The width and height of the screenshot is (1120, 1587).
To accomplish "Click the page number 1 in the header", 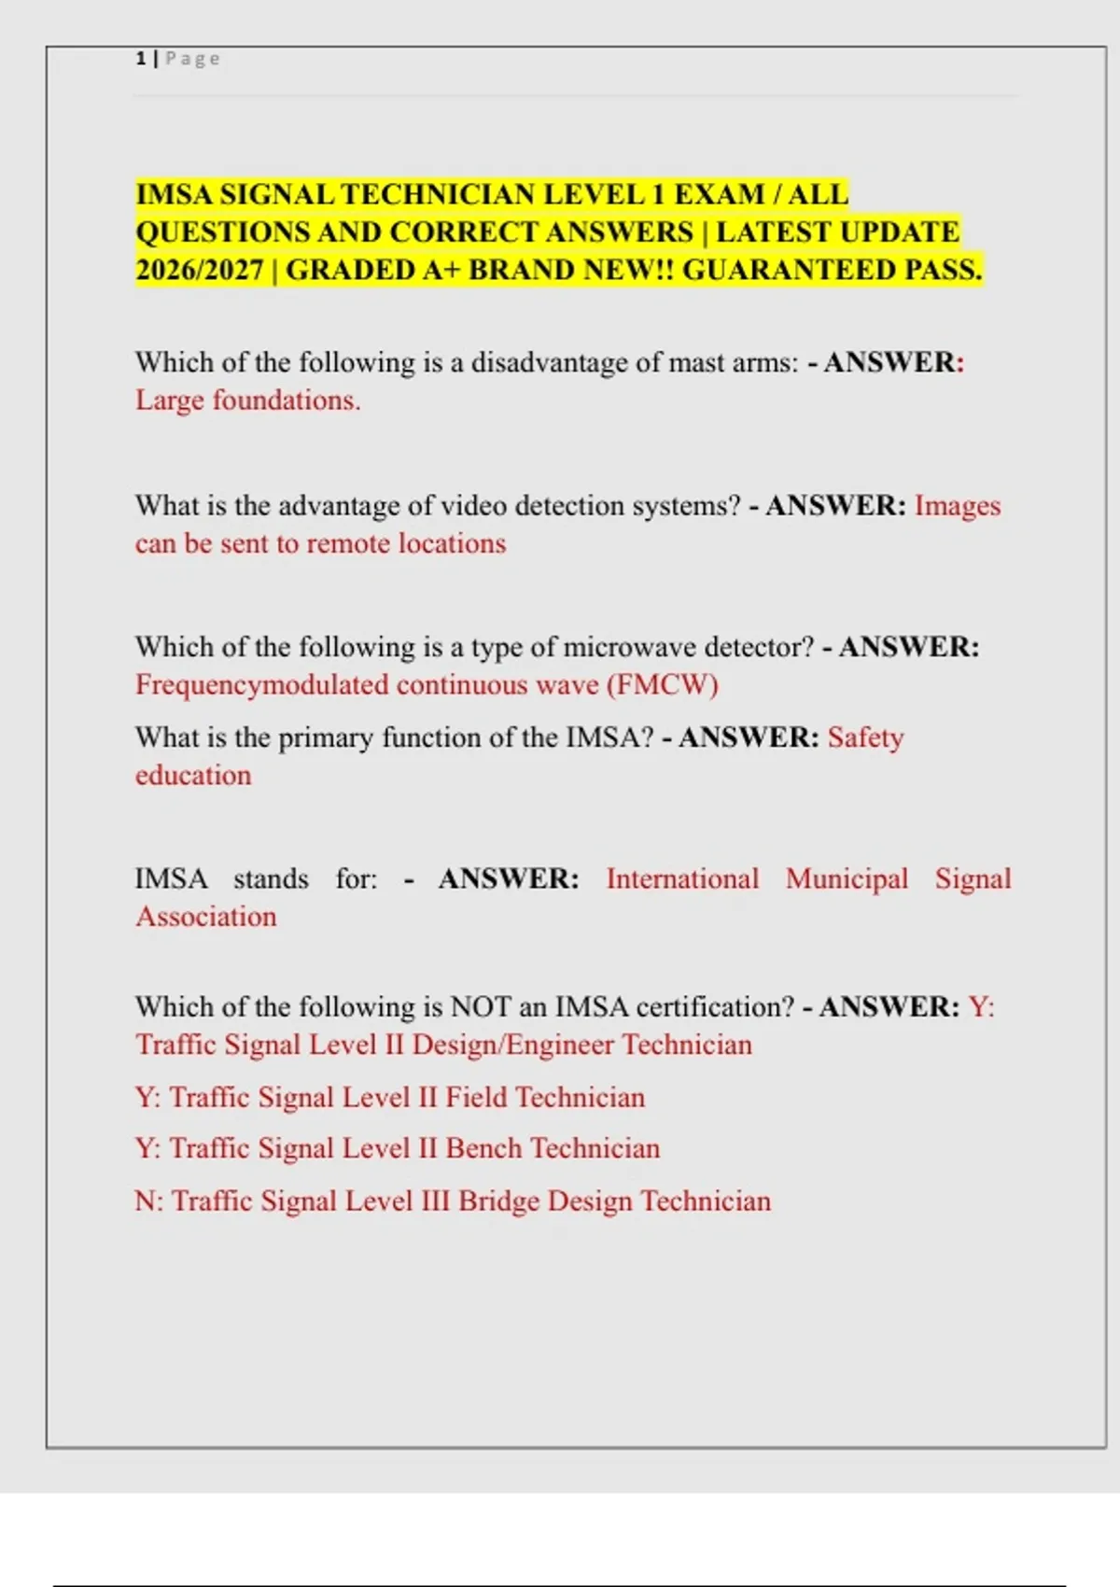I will point(140,59).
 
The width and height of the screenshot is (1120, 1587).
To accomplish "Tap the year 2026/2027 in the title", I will point(199,270).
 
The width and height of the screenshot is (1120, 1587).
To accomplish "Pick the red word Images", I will point(957,506).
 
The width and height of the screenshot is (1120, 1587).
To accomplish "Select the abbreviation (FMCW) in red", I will point(663,685).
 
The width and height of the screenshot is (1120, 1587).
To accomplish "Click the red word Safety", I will point(865,737).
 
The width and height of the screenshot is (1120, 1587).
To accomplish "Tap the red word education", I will point(193,776).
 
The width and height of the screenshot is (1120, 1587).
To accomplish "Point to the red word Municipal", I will point(847,879).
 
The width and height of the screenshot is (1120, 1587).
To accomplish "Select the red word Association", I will point(206,917).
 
